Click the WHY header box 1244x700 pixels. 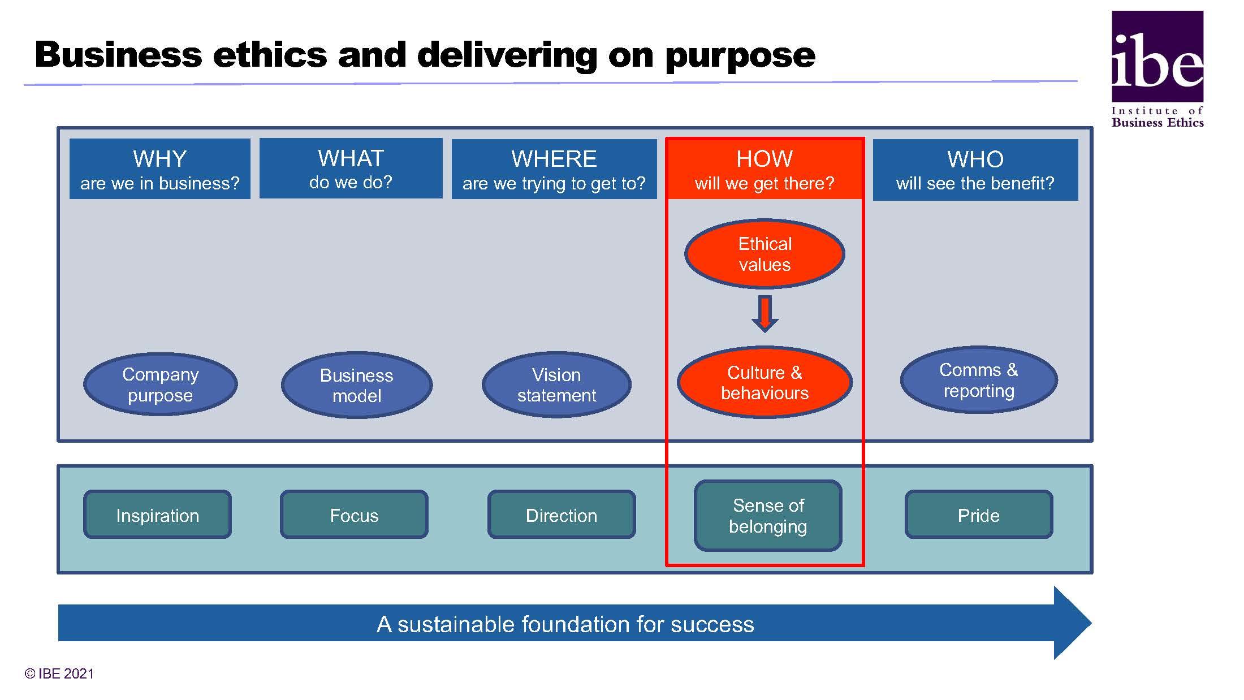point(160,168)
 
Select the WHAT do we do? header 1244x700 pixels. point(351,168)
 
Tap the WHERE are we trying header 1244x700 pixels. point(554,168)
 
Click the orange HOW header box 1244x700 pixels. point(764,168)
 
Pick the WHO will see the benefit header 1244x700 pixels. point(975,170)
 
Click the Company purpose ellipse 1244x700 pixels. point(161,384)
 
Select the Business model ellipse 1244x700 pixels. point(357,385)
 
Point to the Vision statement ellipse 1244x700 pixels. point(556,384)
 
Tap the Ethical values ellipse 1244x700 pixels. point(764,254)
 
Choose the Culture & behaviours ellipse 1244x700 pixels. point(764,382)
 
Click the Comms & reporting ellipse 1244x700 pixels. point(979,380)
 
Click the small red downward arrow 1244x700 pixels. point(764,314)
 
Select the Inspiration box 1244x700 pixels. point(157,515)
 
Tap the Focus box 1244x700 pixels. point(354,515)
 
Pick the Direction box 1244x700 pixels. point(561,515)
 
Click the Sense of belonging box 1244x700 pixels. point(768,516)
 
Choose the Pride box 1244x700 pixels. point(979,515)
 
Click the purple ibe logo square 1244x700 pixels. point(1157,57)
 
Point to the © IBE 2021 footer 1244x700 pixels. point(59,673)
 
